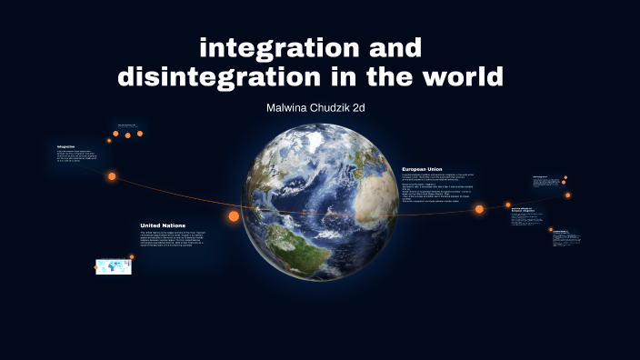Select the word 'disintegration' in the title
(x=211, y=77)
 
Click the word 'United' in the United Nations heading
(x=153, y=225)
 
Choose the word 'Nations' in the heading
(x=181, y=225)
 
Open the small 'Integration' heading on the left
(x=65, y=146)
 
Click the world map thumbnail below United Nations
(x=113, y=266)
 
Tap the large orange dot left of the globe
(x=234, y=216)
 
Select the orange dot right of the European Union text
(x=479, y=209)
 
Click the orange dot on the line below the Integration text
(x=112, y=176)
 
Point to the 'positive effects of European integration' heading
(x=526, y=211)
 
